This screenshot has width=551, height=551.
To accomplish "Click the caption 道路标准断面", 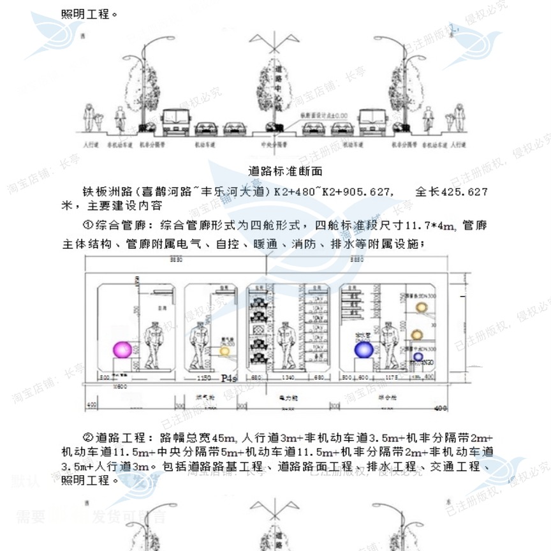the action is point(285,171).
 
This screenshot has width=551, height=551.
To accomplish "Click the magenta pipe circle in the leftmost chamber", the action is point(122,349).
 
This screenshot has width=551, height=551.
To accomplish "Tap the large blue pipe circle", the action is point(364,349).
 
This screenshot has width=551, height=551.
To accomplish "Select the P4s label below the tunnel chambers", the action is point(229,378).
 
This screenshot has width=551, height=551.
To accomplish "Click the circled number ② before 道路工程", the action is point(89,437).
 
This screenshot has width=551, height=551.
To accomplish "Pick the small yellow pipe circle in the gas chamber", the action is point(224,351).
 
